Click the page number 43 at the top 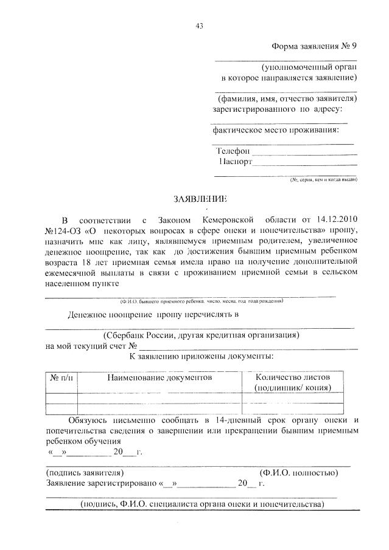click(199, 26)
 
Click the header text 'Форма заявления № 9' click(314, 47)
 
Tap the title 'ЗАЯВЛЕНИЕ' click(194, 199)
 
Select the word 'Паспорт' click(235, 162)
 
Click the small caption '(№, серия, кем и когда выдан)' click(322, 180)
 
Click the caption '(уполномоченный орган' click(309, 67)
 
